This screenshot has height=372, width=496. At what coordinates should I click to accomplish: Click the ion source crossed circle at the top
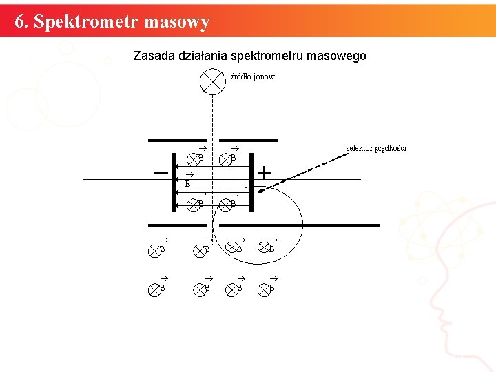click(212, 81)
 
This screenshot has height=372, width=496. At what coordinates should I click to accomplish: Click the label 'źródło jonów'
click(252, 76)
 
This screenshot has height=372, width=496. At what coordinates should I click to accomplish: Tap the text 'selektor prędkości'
click(376, 148)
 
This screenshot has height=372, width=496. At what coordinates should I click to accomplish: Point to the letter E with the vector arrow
click(187, 182)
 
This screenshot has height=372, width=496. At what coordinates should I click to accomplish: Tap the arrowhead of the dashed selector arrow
click(258, 183)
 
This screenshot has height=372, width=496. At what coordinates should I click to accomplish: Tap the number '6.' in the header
click(21, 22)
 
